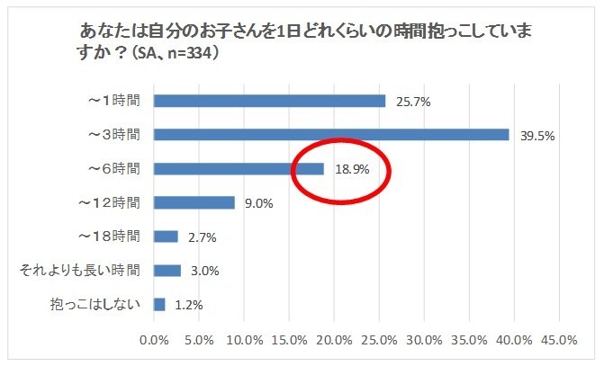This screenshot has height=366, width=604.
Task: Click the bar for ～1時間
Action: point(269,101)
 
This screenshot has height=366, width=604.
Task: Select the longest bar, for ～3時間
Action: point(331,135)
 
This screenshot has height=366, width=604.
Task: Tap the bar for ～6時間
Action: point(239,169)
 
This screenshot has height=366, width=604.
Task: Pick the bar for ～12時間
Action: point(194,202)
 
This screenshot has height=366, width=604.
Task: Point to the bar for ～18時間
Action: point(166,237)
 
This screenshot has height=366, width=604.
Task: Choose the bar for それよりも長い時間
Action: point(167,270)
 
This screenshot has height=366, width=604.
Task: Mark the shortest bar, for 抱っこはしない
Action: point(159,304)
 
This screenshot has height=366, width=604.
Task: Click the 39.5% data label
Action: point(537,137)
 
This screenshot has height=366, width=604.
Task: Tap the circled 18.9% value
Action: point(352,169)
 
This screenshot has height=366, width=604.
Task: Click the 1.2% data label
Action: point(187,305)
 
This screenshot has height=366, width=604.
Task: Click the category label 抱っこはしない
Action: point(96,304)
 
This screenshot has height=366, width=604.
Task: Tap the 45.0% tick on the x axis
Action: point(559,341)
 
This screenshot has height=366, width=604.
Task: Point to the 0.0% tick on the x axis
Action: point(154,341)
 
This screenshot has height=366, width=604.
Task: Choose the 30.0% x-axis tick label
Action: point(424,341)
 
